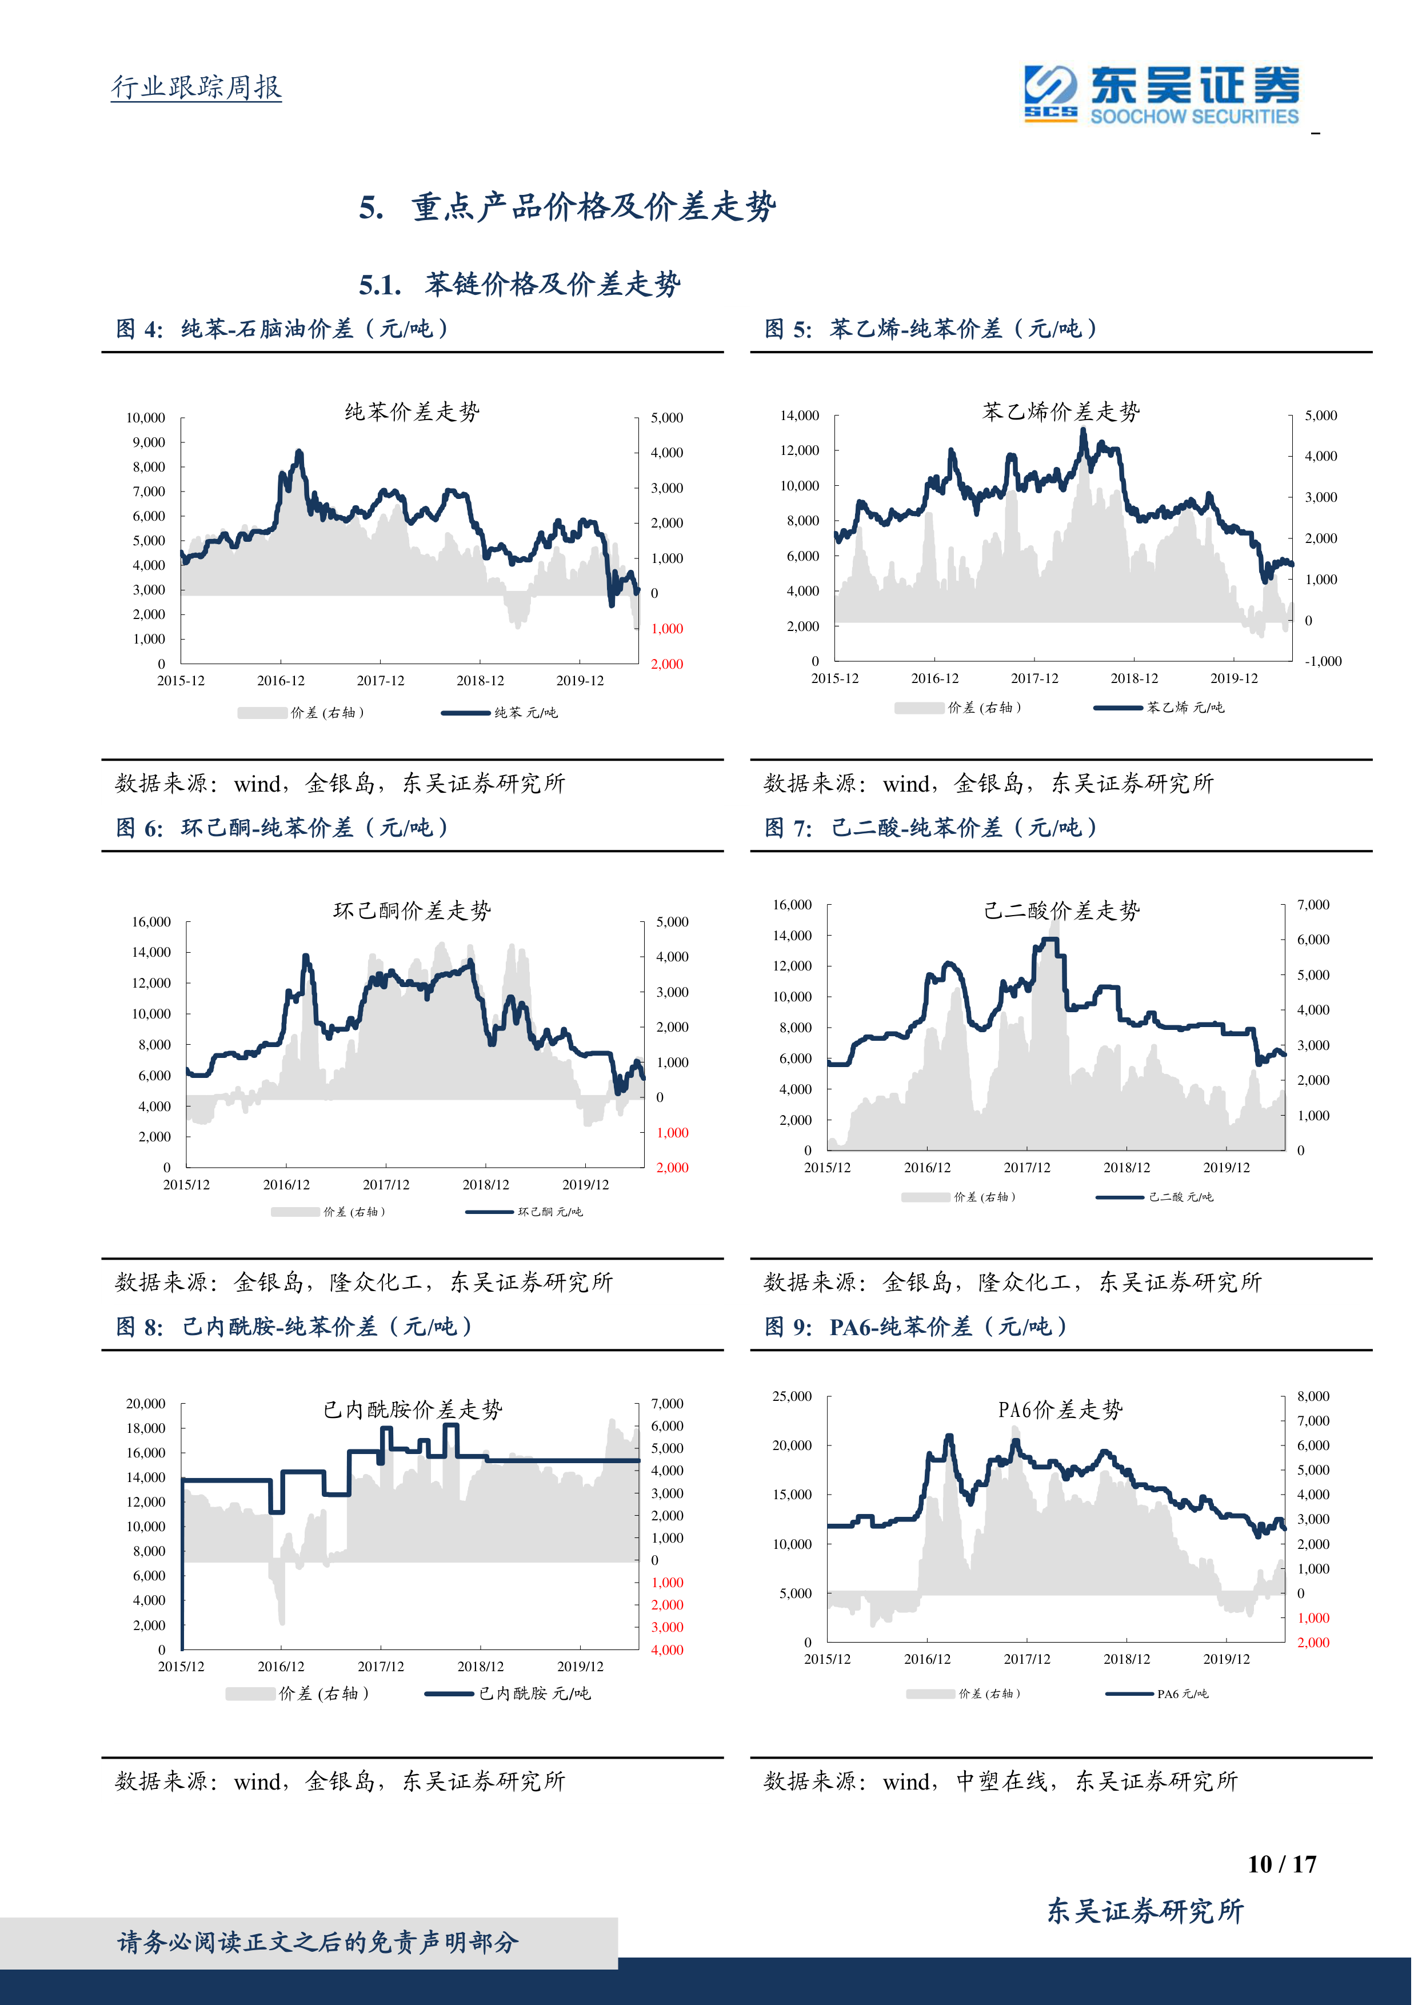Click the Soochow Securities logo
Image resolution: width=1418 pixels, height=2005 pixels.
[1161, 94]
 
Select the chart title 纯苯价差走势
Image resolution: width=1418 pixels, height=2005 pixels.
[412, 412]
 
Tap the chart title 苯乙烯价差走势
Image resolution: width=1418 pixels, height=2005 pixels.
[1061, 412]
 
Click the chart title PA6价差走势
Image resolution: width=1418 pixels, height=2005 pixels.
[1060, 1409]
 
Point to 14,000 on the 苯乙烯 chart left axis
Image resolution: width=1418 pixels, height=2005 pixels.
[799, 416]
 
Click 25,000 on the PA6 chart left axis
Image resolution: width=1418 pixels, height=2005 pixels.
[792, 1396]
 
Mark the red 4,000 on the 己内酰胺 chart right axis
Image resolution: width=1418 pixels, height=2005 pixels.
[667, 1649]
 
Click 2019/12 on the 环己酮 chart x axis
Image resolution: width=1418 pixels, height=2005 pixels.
[585, 1185]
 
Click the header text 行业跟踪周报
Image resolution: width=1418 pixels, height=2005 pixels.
[197, 86]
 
